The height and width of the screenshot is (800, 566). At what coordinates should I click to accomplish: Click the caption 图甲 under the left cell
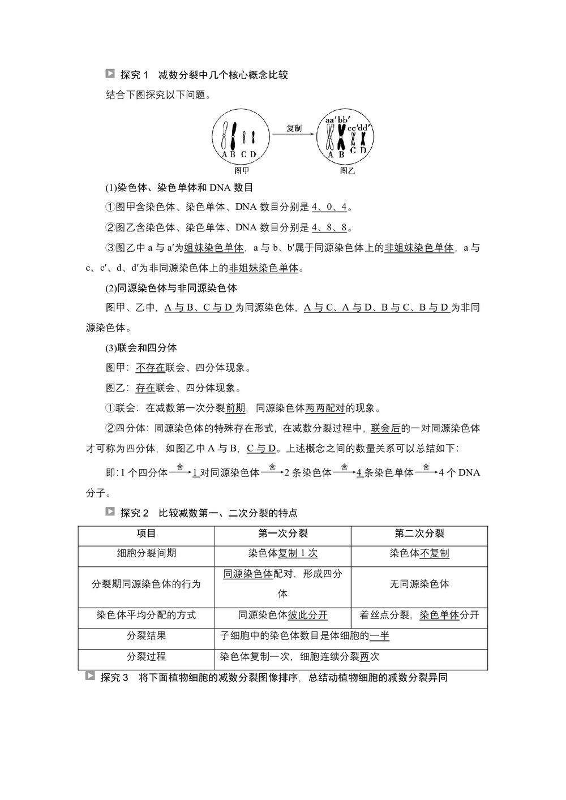[241, 170]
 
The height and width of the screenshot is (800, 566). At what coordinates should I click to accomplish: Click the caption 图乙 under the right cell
[347, 170]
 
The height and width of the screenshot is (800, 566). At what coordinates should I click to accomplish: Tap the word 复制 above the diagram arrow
[294, 128]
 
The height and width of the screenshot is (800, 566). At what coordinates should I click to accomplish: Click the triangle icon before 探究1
[110, 74]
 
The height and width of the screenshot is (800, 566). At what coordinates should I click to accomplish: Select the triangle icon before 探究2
[110, 512]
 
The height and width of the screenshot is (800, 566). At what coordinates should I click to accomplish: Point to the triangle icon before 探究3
[90, 676]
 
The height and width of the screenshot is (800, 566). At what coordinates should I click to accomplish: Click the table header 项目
[146, 534]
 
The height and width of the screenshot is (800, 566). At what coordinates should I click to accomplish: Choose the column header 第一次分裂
[282, 534]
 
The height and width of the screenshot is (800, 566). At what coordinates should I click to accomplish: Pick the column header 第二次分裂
[419, 534]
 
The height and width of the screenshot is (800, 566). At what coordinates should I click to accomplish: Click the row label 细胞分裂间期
[146, 553]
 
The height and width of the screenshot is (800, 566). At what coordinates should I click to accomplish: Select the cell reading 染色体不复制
[419, 553]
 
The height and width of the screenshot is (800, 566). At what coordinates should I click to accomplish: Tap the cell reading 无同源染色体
[419, 584]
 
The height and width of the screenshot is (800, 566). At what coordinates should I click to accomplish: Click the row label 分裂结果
[146, 636]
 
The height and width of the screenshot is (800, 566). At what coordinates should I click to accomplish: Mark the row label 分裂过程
[146, 656]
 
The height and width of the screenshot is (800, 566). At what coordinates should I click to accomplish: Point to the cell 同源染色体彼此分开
[282, 615]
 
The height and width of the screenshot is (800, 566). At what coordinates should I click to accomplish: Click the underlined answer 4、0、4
[329, 207]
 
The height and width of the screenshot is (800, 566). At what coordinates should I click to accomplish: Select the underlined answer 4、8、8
[329, 227]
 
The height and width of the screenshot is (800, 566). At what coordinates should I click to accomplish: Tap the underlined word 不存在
[151, 368]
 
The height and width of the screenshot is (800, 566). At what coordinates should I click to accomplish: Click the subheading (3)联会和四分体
[141, 347]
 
